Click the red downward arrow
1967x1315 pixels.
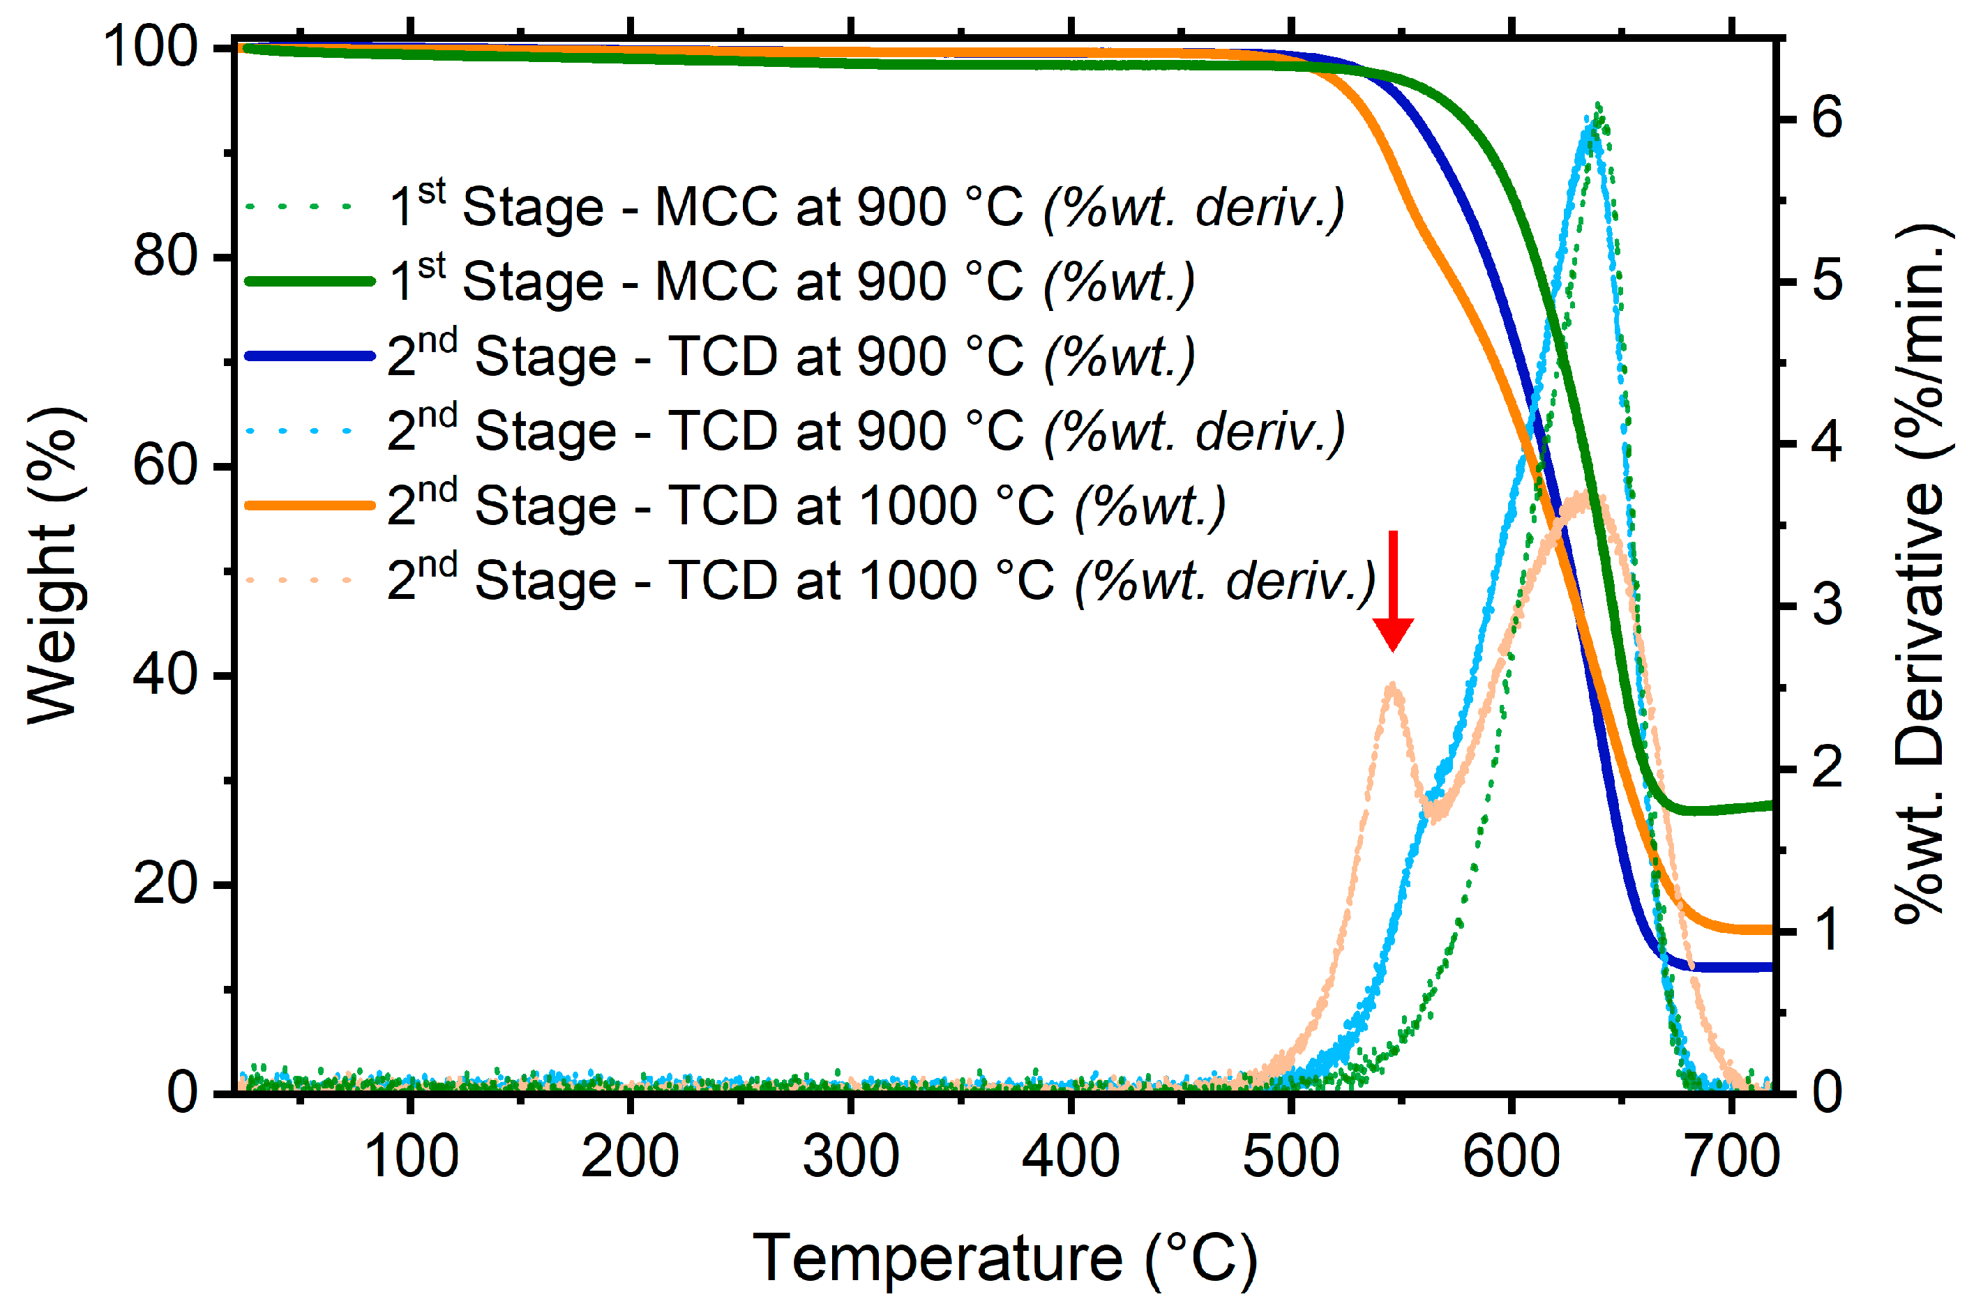1393,592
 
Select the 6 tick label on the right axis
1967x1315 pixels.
1827,117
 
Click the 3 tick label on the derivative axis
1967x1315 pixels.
1827,605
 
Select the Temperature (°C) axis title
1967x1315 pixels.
1005,1258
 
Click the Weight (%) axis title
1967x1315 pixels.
52,566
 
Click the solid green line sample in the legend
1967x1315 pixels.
310,282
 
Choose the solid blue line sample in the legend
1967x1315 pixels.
310,356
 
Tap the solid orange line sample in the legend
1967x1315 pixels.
310,506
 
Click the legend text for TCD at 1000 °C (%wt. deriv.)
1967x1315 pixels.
881,580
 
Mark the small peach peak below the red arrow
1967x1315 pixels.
1393,686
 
